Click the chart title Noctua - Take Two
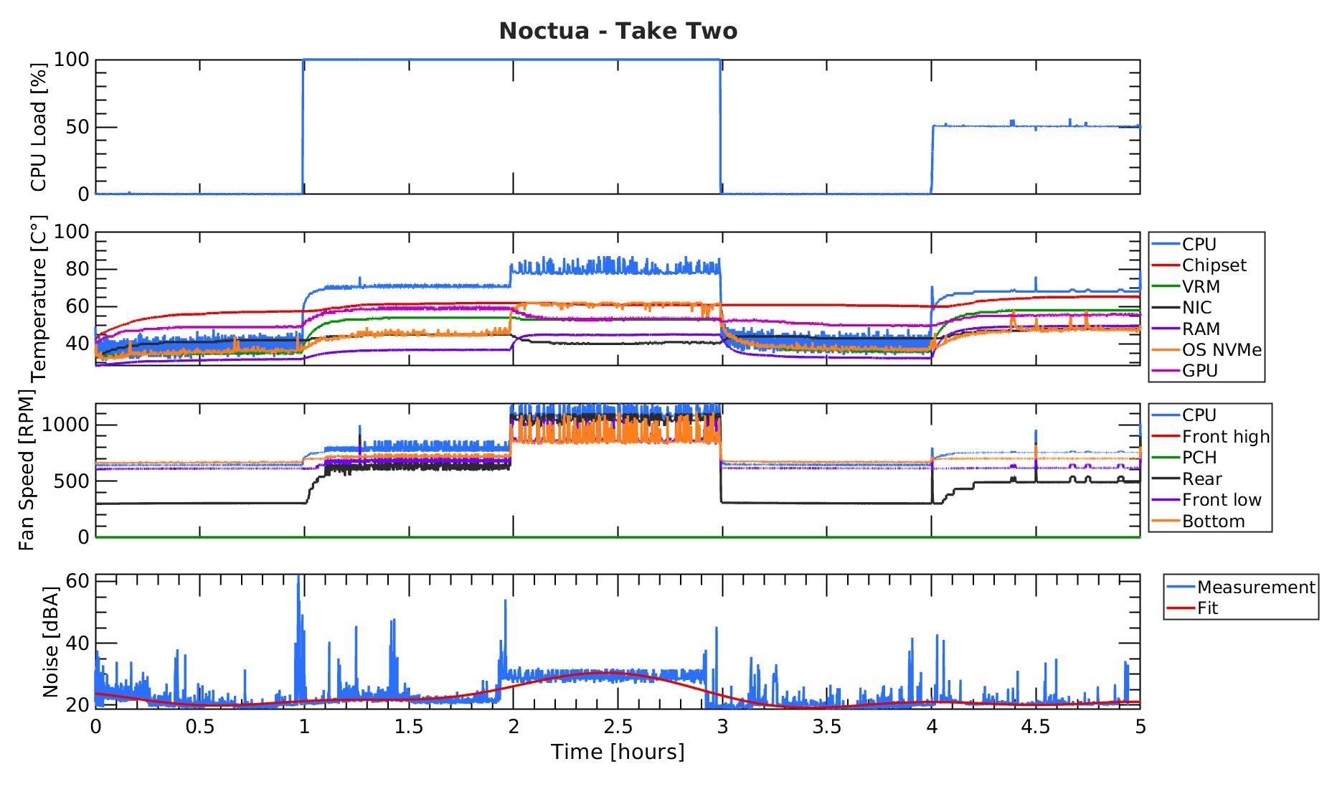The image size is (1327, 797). coord(618,32)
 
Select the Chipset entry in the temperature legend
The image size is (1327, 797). coord(1214,265)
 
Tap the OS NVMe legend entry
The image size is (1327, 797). coord(1222,350)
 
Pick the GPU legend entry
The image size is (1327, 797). coord(1200,371)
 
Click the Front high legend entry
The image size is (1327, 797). coord(1225,436)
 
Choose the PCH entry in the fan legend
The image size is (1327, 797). coord(1199,458)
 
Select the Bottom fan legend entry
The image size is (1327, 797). coord(1213,522)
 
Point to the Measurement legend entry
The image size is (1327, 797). coord(1256,588)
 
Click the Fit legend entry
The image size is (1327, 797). coord(1208,608)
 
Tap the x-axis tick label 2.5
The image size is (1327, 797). coord(618,727)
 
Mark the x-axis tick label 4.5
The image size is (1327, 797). coord(1036,727)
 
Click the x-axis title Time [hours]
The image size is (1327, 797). coord(618,752)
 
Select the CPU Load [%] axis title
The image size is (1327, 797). coord(39,127)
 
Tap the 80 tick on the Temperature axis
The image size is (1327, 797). coord(75,270)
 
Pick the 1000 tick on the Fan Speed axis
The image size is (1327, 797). coord(65,425)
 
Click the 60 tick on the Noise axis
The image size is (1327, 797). coord(77,580)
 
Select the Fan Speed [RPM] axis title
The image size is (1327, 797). coord(27,470)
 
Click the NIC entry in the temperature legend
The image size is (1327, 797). coord(1196,308)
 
